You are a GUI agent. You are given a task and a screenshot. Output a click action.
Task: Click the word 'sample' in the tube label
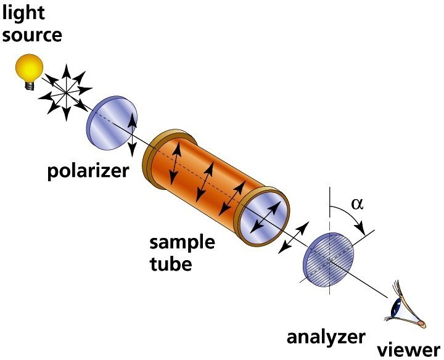tap(183, 242)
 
